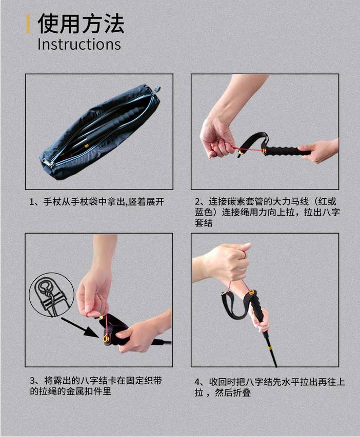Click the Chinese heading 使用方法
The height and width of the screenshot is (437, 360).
pos(81,24)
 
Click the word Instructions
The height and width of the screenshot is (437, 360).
pos(79,44)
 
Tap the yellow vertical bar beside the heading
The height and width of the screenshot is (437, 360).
pos(28,24)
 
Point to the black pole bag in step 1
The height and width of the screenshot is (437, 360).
pos(101,132)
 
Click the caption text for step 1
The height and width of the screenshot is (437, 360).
pos(97,201)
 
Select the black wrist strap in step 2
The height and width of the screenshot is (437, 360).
pos(252,143)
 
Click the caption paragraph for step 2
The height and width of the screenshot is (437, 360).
pos(267,212)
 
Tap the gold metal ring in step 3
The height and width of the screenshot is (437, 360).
pos(106,339)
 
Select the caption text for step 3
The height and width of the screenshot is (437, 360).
pos(96,386)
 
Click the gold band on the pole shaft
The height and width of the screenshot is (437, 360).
pos(270,348)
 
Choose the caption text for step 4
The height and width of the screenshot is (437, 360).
pos(270,387)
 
